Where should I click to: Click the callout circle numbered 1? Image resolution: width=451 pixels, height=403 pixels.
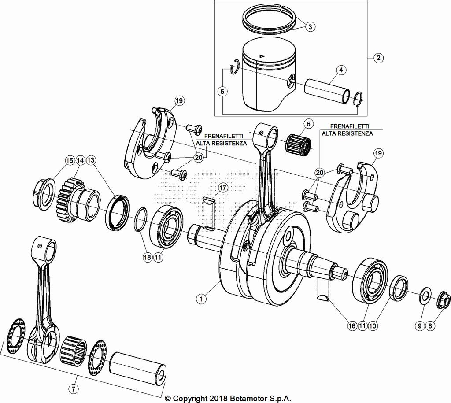click(x=201, y=299)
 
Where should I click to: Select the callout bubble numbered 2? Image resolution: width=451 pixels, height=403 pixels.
click(x=378, y=58)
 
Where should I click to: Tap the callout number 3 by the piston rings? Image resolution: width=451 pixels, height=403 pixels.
click(x=310, y=27)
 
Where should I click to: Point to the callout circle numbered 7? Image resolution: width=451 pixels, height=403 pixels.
click(x=74, y=388)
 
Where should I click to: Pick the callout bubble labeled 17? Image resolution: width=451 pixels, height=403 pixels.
click(x=222, y=188)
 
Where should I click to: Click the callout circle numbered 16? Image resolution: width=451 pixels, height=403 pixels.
click(x=351, y=326)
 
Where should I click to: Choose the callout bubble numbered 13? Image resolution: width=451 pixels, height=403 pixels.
click(x=91, y=160)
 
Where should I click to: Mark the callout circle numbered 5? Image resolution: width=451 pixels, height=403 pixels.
click(x=222, y=92)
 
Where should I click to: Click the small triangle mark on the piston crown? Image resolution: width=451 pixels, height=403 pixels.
click(x=262, y=56)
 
